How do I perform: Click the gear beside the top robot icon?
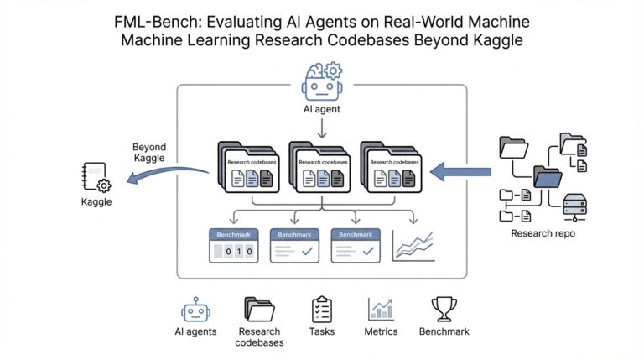[332, 70]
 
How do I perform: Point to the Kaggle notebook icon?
[96, 178]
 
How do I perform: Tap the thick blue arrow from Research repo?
[460, 172]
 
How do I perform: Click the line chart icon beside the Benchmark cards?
[413, 244]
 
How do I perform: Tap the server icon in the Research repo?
[574, 206]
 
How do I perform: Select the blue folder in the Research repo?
[548, 177]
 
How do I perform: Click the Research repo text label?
[543, 233]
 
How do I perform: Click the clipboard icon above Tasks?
[322, 309]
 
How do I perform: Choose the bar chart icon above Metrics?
[381, 309]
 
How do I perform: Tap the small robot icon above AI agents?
[195, 309]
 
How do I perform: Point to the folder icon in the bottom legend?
[259, 309]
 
